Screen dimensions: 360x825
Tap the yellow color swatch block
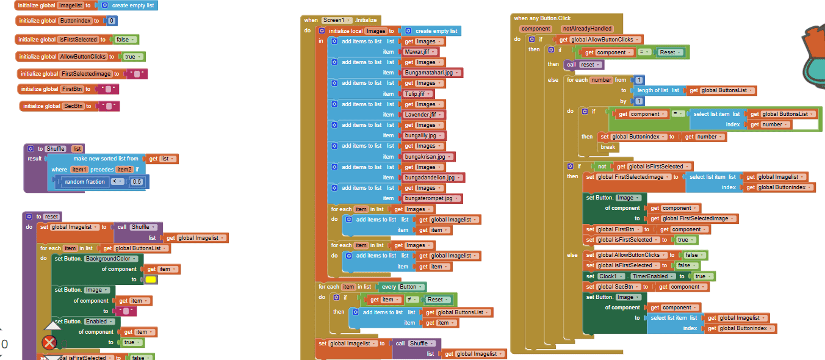[150, 279]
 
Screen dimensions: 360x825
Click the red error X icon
[49, 342]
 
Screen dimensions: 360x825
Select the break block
[608, 147]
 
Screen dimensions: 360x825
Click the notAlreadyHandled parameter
[586, 29]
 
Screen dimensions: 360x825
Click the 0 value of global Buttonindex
[111, 21]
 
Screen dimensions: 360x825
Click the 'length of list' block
[653, 90]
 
